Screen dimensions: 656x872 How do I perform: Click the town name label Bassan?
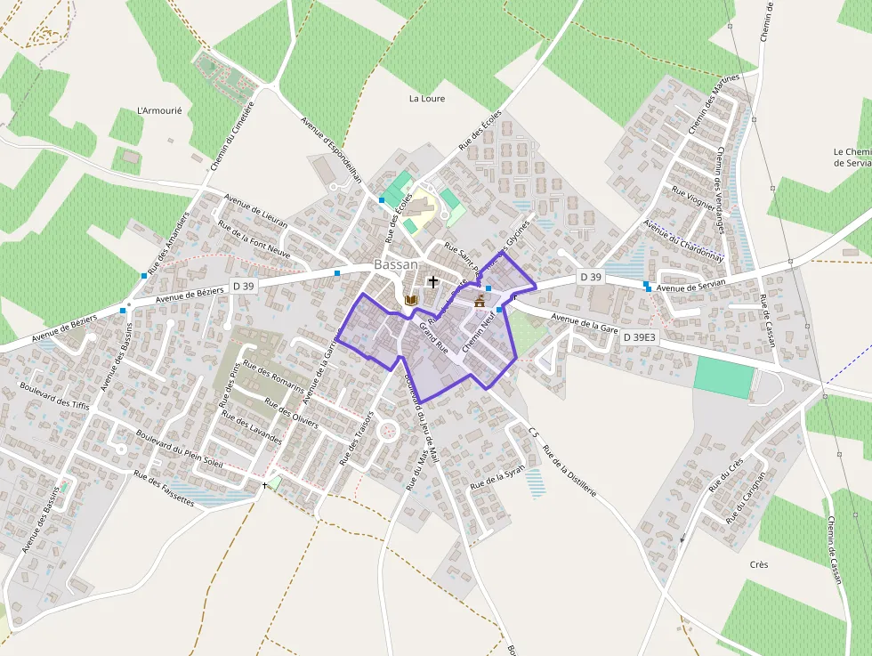pyautogui.click(x=396, y=264)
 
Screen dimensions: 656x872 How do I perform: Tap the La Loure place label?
pyautogui.click(x=426, y=99)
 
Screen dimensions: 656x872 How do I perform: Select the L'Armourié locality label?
pyautogui.click(x=159, y=110)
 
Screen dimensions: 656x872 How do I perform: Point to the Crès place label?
pyautogui.click(x=759, y=564)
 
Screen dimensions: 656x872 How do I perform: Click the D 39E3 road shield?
pyautogui.click(x=639, y=337)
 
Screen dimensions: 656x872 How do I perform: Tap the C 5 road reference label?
pyautogui.click(x=533, y=433)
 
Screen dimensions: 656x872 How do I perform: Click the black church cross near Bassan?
pyautogui.click(x=433, y=282)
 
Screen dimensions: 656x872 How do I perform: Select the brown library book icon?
pyautogui.click(x=410, y=300)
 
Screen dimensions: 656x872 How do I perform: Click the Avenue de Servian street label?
pyautogui.click(x=691, y=284)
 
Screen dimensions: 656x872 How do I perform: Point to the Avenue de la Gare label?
pyautogui.click(x=584, y=322)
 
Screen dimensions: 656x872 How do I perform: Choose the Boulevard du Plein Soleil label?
pyautogui.click(x=180, y=449)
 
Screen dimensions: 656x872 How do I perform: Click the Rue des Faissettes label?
pyautogui.click(x=164, y=488)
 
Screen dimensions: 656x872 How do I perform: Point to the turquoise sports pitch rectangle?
pyautogui.click(x=723, y=377)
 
